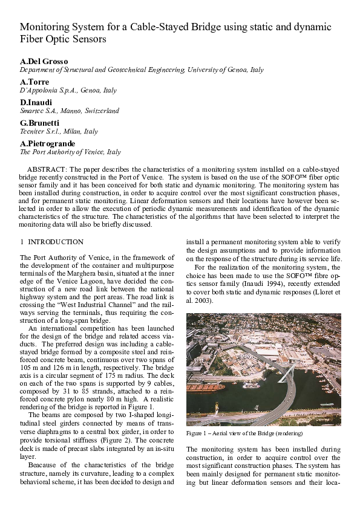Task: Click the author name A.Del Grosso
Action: [40, 62]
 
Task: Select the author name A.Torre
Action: [34, 82]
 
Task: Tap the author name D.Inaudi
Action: [37, 102]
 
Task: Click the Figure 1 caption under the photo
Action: [244, 433]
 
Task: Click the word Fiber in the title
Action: [32, 39]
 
